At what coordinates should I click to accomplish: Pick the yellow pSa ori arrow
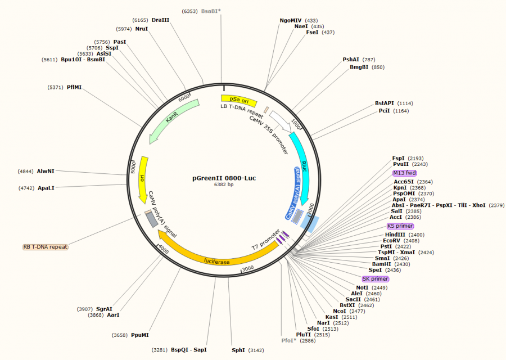(238, 100)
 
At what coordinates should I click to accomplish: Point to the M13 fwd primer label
(405, 173)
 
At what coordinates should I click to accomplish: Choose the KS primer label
(400, 226)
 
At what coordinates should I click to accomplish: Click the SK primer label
(375, 279)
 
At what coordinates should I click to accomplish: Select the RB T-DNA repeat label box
(45, 247)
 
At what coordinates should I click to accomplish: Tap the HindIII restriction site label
(395, 235)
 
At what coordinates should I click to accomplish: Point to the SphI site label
(238, 350)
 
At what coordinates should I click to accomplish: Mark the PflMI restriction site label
(74, 87)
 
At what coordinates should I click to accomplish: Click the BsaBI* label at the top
(211, 11)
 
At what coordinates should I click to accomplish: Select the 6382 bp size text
(223, 184)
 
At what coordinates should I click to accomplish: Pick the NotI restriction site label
(362, 287)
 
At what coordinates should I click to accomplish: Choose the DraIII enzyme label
(160, 20)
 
